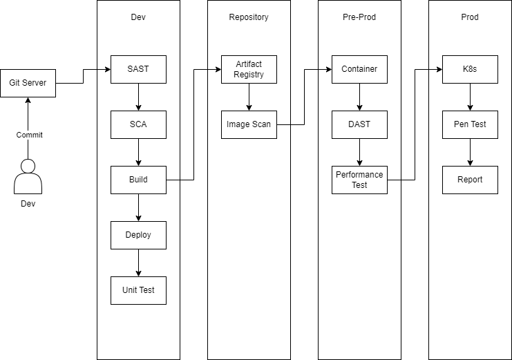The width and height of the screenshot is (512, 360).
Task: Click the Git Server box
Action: tap(28, 83)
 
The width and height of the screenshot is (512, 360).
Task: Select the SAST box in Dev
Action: tap(138, 69)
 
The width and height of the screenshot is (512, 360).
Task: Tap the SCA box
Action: tap(138, 124)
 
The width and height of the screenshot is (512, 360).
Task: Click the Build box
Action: tap(138, 180)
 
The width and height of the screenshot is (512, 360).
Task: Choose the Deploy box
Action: tap(138, 235)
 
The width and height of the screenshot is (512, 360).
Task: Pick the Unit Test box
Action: tap(138, 290)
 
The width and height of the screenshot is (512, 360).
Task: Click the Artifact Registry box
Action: tap(249, 69)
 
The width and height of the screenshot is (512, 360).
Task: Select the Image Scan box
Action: tap(249, 124)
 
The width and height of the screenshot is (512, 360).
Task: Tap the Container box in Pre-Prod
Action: tap(359, 69)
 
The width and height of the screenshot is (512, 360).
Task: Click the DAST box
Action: tap(359, 124)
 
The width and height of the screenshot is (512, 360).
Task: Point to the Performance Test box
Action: tap(359, 180)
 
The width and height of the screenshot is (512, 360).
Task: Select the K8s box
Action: tap(470, 69)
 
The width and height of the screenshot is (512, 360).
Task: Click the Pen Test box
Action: tap(470, 124)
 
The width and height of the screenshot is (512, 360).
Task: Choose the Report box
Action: tap(470, 180)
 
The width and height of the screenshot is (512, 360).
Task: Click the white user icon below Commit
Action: tap(28, 177)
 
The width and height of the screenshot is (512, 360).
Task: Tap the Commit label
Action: tap(29, 135)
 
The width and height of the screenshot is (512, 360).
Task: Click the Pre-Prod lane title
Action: tap(359, 17)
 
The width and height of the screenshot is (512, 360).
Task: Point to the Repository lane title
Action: tap(249, 17)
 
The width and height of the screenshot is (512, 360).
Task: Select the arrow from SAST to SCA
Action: tap(138, 97)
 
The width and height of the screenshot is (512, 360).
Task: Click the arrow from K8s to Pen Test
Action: tap(470, 97)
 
